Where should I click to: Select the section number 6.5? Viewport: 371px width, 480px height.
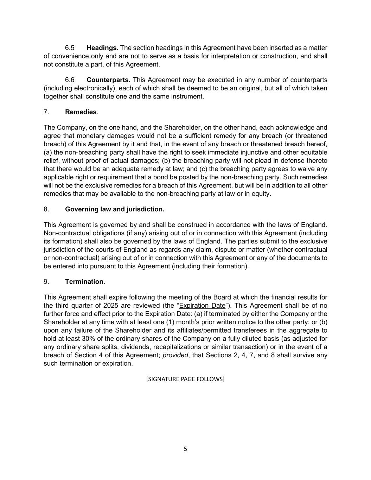click(70, 48)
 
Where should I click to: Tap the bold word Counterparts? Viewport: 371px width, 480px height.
click(108, 80)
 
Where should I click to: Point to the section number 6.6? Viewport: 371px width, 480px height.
click(70, 80)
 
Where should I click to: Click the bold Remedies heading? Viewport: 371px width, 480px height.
click(81, 112)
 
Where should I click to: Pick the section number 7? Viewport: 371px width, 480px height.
click(46, 112)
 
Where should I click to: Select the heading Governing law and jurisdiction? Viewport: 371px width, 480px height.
click(115, 209)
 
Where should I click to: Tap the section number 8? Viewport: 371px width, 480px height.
click(46, 209)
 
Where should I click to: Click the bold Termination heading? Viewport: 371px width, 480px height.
click(85, 282)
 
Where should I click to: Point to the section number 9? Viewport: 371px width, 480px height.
click(46, 282)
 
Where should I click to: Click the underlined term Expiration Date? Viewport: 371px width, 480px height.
click(202, 306)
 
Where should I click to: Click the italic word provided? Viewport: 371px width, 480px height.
click(175, 355)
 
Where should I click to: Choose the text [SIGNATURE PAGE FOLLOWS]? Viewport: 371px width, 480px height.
click(185, 379)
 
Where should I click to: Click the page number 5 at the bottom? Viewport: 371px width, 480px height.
click(185, 449)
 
